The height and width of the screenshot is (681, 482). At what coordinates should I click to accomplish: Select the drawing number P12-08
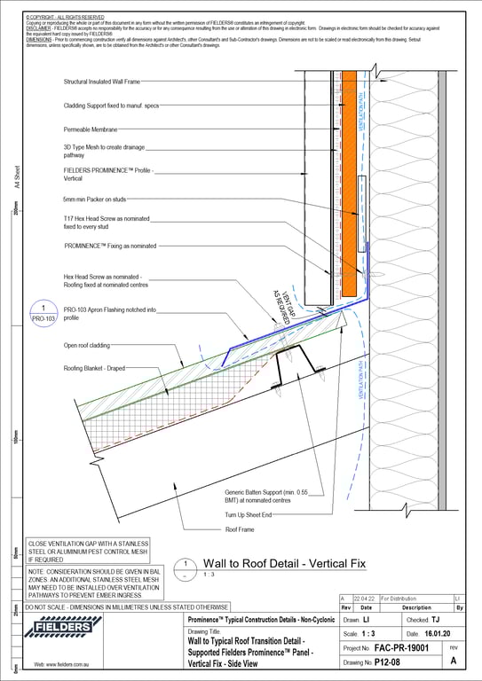tap(395, 662)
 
